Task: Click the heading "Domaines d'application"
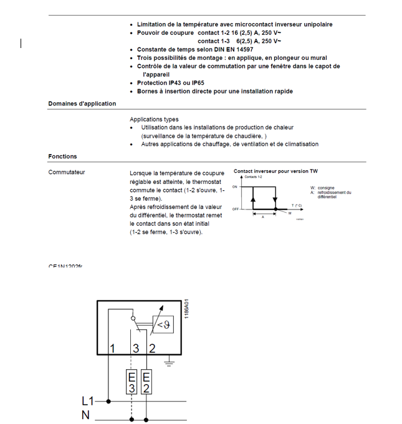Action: tap(82, 104)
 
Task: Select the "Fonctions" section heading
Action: tap(62, 157)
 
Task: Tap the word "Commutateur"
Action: tap(66, 172)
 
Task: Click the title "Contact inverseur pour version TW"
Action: tap(275, 171)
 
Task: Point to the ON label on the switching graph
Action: tap(235, 186)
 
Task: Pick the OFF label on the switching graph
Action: tap(236, 209)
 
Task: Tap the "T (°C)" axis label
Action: tap(297, 205)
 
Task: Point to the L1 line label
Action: tap(89, 402)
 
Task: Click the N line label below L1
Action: tap(85, 415)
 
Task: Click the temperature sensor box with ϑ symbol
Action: tap(163, 325)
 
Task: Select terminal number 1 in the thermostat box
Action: tap(112, 348)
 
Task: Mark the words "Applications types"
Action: tap(153, 119)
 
